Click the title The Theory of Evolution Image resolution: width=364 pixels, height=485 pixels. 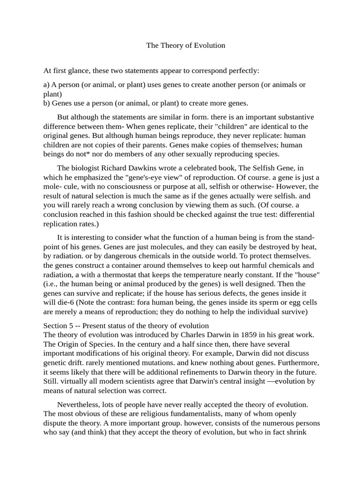click(x=185, y=45)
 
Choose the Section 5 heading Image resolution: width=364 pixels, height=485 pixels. click(x=126, y=325)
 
